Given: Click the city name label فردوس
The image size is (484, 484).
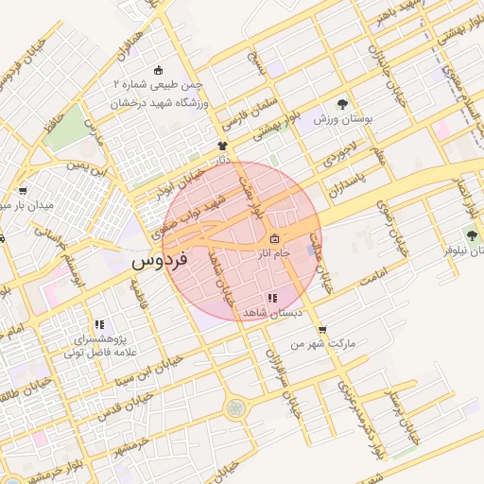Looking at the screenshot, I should (159, 257).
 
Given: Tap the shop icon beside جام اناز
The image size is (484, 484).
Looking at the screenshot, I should (274, 238).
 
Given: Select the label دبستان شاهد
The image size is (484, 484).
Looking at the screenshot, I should (272, 311).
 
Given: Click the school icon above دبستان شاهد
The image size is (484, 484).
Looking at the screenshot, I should (272, 298).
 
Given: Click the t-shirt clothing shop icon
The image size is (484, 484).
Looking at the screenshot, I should (223, 146).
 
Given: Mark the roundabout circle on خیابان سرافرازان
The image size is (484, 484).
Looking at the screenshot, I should (235, 408).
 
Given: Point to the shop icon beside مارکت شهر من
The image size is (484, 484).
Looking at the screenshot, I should (323, 330).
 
